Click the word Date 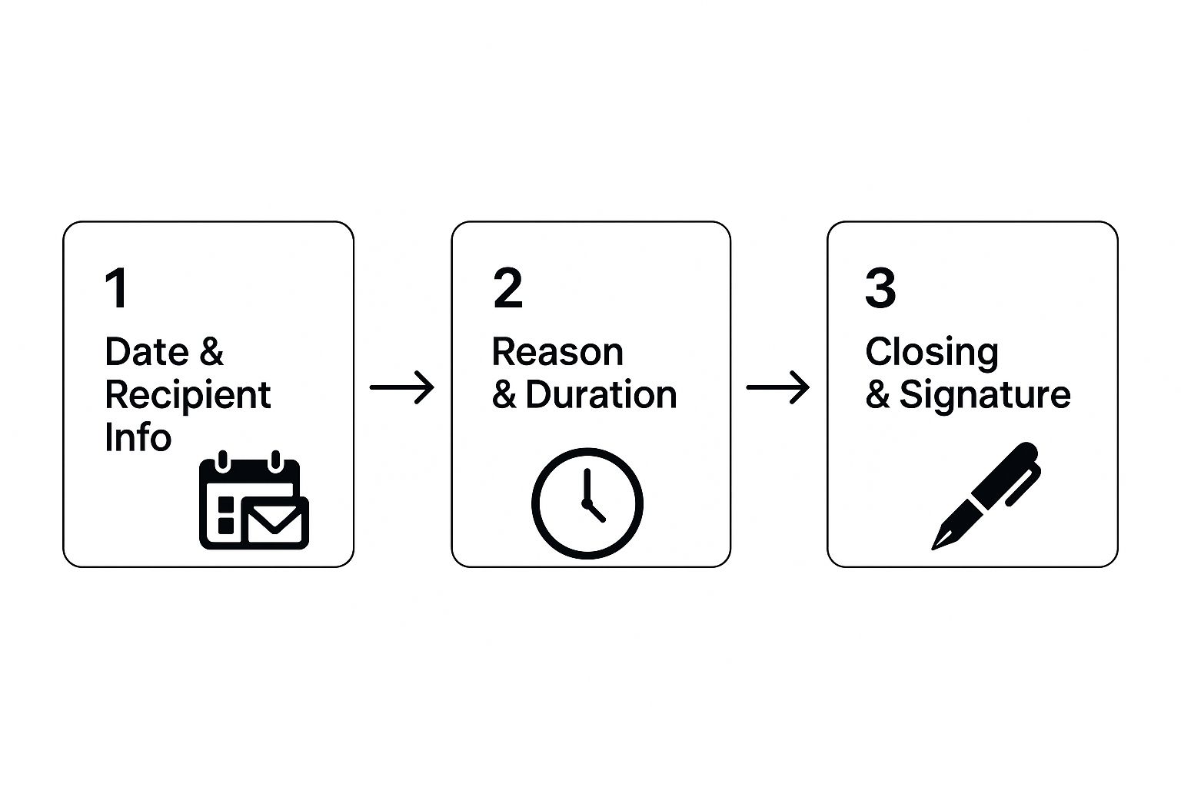[147, 351]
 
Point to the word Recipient [188, 395]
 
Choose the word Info [138, 437]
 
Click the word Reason [557, 351]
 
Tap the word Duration [601, 394]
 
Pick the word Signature [985, 397]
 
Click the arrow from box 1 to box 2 [402, 387]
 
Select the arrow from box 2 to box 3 [777, 387]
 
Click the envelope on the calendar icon [275, 523]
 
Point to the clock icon [587, 503]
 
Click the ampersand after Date [211, 351]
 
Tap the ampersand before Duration [504, 394]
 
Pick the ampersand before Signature [877, 394]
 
